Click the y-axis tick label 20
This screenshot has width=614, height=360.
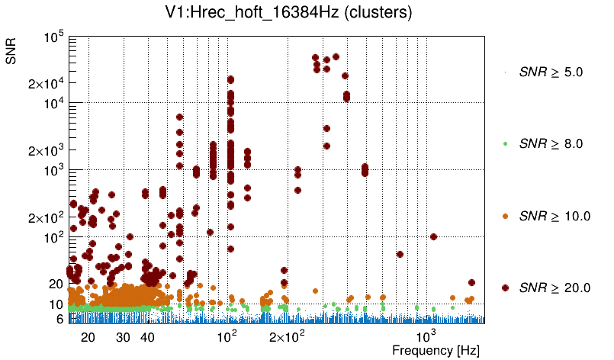(x=55, y=284)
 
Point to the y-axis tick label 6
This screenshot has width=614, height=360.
(x=59, y=319)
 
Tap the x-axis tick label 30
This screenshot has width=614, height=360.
(x=123, y=337)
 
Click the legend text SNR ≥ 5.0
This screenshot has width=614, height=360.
(x=551, y=72)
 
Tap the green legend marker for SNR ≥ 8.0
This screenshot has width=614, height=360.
(x=506, y=143)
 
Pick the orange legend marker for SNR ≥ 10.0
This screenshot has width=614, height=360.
(x=506, y=216)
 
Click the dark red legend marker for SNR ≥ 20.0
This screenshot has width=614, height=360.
(x=506, y=288)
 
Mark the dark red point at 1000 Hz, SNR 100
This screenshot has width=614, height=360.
(x=433, y=236)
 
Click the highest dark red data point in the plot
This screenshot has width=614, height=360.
(x=336, y=56)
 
